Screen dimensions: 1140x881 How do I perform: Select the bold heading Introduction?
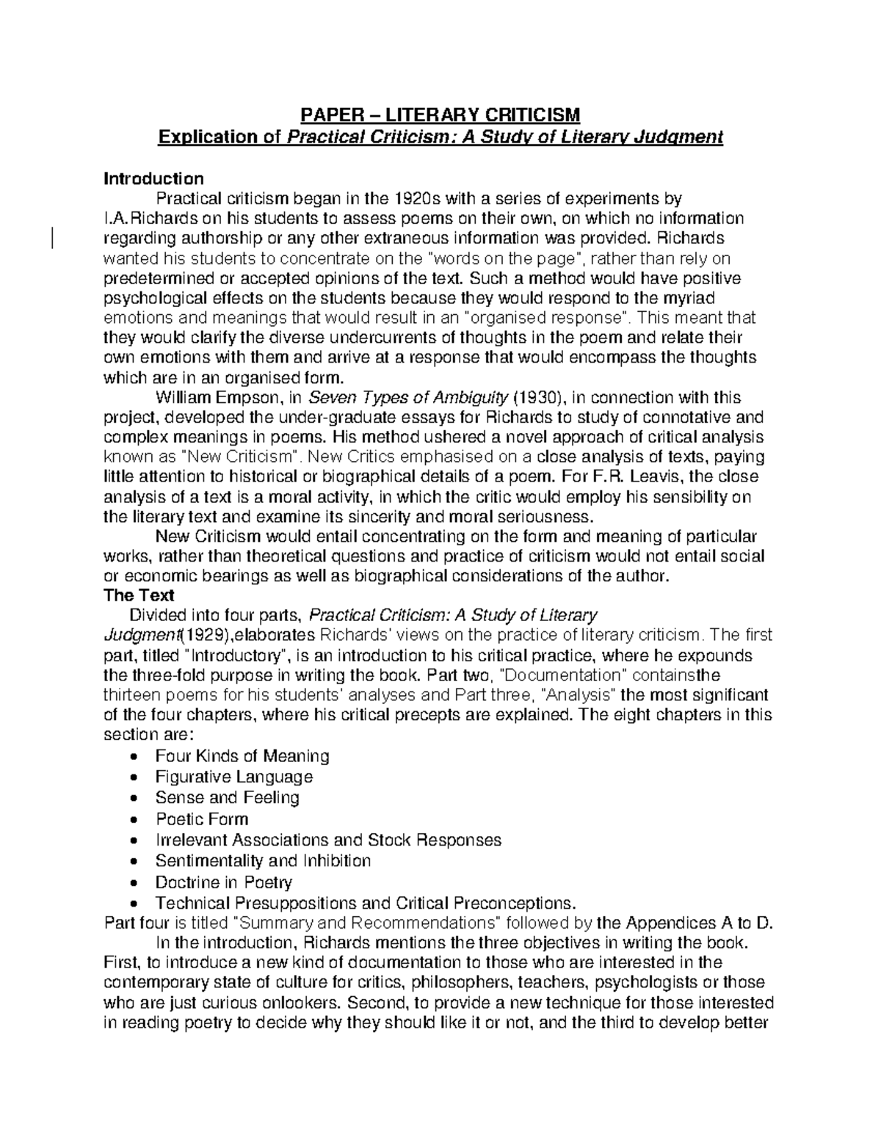(153, 178)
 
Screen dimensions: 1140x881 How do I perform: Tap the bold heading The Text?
(139, 595)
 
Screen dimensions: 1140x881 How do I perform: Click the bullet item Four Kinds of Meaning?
(242, 755)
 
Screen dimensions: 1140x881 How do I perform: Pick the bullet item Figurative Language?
(233, 777)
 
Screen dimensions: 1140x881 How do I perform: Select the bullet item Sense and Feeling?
(227, 797)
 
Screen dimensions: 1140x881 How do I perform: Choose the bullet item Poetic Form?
(201, 818)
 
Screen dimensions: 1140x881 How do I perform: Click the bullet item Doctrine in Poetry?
(223, 882)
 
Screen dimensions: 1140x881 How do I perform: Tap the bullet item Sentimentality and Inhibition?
(263, 860)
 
